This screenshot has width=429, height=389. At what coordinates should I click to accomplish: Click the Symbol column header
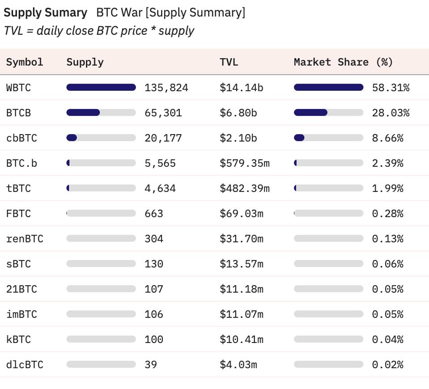pos(25,62)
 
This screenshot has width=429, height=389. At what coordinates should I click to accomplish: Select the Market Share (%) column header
pos(343,62)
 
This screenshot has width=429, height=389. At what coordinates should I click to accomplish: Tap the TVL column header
pos(229,62)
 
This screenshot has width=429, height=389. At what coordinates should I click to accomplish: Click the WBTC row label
pos(18,88)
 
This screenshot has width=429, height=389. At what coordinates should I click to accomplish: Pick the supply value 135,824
pos(166,88)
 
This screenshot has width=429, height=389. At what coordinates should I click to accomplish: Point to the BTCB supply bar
pos(101,113)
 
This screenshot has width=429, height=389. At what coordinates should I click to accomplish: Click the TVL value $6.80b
pos(238,113)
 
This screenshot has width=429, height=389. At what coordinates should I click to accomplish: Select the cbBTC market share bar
pos(328,138)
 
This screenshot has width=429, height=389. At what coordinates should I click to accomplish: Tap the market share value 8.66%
pos(387,138)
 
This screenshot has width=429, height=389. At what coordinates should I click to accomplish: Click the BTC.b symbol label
pos(21,163)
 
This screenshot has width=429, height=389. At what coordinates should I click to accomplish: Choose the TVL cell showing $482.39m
pos(244,188)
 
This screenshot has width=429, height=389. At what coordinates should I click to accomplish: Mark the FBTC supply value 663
pos(153,214)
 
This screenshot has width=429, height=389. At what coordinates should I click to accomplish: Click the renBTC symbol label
pos(25,239)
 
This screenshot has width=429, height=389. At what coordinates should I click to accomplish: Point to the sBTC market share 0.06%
pos(387,264)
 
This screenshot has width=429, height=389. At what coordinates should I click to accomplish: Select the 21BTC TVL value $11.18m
pos(241,289)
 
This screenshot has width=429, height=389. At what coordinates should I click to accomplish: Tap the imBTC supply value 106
pos(153,314)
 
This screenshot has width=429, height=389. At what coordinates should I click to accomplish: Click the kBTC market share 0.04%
pos(387,339)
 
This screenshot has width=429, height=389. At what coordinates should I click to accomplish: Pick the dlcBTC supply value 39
pos(150,365)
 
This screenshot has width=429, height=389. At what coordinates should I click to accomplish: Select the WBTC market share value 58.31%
pos(391,88)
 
